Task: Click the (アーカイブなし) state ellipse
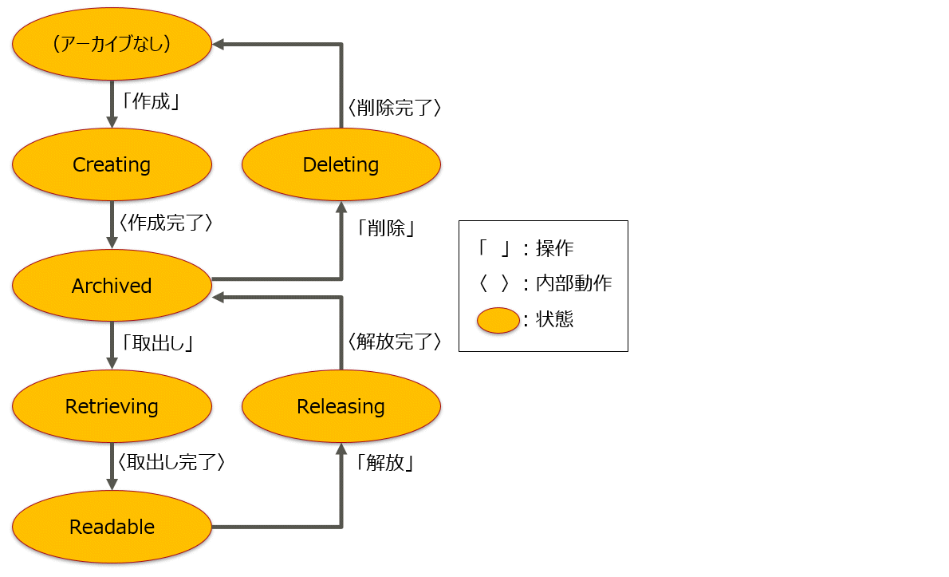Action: point(112,44)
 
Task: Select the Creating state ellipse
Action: point(112,164)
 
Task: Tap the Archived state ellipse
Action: point(112,286)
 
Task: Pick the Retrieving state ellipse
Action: point(112,406)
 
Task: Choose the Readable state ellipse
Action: point(112,527)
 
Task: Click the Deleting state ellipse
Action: point(341,164)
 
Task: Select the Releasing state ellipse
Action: point(341,406)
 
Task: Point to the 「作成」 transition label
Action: point(149,102)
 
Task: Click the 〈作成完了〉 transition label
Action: point(165,223)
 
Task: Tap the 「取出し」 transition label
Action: point(158,343)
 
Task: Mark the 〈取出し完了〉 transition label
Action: point(171,462)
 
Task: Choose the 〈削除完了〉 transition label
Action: point(394,107)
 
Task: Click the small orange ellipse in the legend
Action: point(498,320)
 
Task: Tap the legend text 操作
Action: point(554,248)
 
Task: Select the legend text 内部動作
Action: point(574,283)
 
